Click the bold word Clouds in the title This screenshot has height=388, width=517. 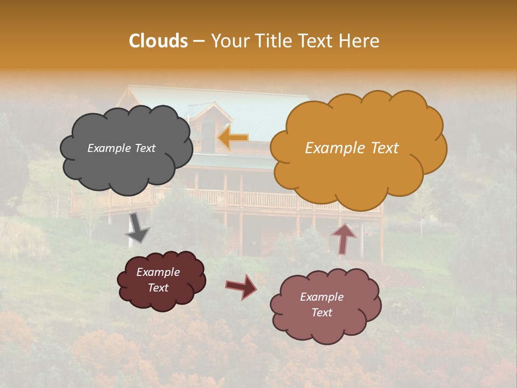click(x=158, y=41)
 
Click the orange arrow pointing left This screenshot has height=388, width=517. click(x=233, y=138)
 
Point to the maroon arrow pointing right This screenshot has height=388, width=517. click(x=241, y=286)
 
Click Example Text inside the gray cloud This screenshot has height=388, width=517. click(x=121, y=148)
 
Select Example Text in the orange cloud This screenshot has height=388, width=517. click(x=352, y=148)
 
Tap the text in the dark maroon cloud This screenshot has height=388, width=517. click(x=158, y=280)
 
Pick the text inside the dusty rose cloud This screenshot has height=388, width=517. click(x=322, y=304)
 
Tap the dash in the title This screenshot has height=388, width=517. click(x=199, y=41)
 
